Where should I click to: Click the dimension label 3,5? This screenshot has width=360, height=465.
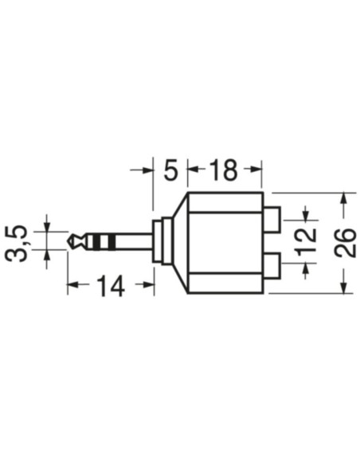click(x=18, y=242)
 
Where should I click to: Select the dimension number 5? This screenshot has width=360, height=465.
click(x=169, y=170)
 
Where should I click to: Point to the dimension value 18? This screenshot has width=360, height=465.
click(x=224, y=170)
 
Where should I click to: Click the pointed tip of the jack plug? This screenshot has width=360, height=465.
click(x=71, y=240)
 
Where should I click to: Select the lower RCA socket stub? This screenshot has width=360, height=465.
click(x=273, y=264)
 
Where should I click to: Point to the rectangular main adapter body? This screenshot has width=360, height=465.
click(x=225, y=242)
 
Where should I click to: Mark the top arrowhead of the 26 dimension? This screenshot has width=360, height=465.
click(x=343, y=197)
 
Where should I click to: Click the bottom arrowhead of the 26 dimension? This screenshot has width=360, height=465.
click(x=343, y=287)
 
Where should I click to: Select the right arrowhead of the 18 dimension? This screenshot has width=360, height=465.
click(x=256, y=169)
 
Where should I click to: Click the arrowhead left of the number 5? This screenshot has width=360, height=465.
click(x=147, y=169)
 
